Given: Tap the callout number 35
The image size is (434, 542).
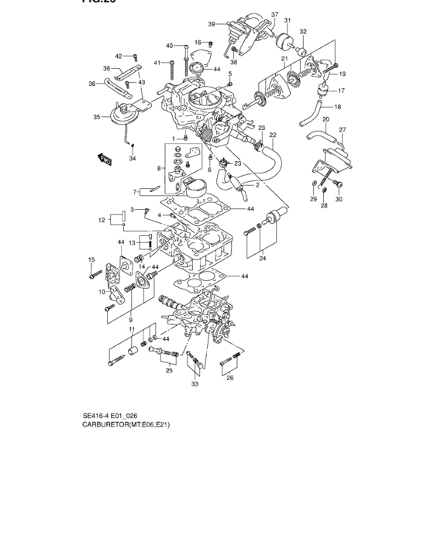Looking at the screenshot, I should pyautogui.click(x=97, y=118).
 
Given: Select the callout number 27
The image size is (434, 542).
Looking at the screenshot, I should pyautogui.click(x=342, y=129).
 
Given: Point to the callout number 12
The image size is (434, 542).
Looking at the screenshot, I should pyautogui.click(x=102, y=221).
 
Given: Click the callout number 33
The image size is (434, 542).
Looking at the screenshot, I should pyautogui.click(x=195, y=384).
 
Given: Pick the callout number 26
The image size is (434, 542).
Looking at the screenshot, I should pyautogui.click(x=229, y=378).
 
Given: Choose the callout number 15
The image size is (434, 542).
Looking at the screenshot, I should pyautogui.click(x=91, y=259).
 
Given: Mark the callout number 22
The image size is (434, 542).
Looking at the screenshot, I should pyautogui.click(x=272, y=135).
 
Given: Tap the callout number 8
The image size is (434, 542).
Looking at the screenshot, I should pyautogui.click(x=160, y=168).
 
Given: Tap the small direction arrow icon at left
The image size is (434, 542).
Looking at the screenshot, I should pyautogui.click(x=104, y=160).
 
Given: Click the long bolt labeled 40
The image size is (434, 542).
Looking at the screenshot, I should pyautogui.click(x=185, y=59).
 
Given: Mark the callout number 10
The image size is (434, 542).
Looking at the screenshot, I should pyautogui.click(x=102, y=292).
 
